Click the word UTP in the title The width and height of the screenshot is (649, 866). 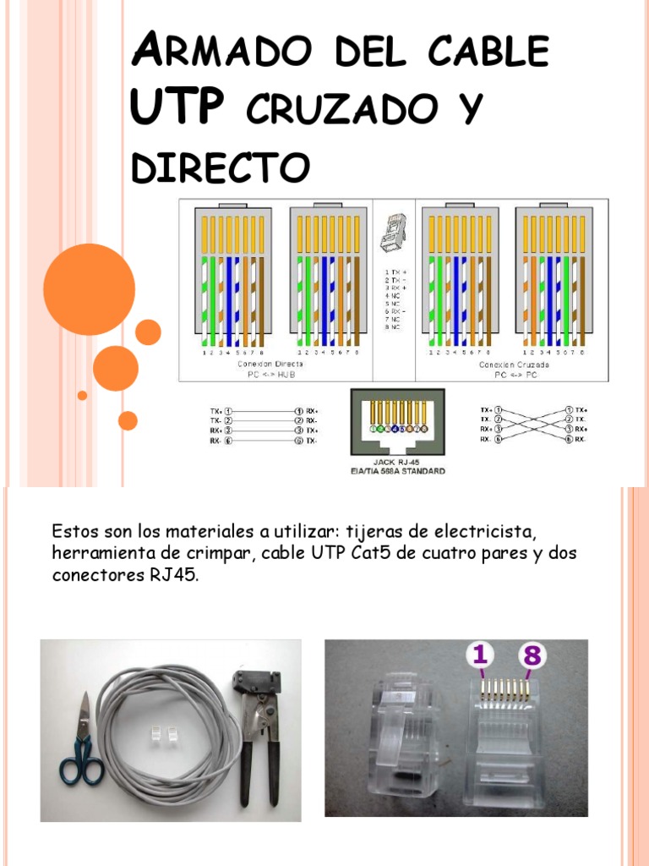tap(177, 108)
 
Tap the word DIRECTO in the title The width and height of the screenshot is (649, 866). tap(220, 167)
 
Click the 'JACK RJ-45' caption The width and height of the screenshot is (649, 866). tap(396, 463)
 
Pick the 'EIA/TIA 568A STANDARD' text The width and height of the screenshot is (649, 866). tap(397, 471)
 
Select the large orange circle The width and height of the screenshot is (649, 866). tap(89, 289)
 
